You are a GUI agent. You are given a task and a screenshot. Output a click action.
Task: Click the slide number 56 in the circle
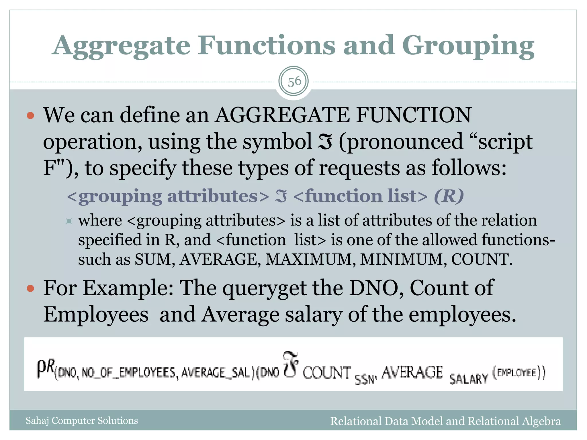(294, 82)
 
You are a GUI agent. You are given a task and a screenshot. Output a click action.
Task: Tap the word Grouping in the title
(468, 46)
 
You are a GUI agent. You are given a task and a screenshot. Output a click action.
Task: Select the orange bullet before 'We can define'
(30, 115)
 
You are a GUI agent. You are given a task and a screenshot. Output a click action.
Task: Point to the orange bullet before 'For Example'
(30, 288)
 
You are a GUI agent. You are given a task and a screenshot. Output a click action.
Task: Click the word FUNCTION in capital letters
(413, 115)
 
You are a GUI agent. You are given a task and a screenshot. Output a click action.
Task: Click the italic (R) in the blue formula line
(449, 196)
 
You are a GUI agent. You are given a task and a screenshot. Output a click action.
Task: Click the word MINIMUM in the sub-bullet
(402, 260)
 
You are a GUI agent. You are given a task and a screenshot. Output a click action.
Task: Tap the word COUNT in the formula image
(327, 373)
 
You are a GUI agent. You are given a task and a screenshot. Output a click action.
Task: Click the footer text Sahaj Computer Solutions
(82, 421)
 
